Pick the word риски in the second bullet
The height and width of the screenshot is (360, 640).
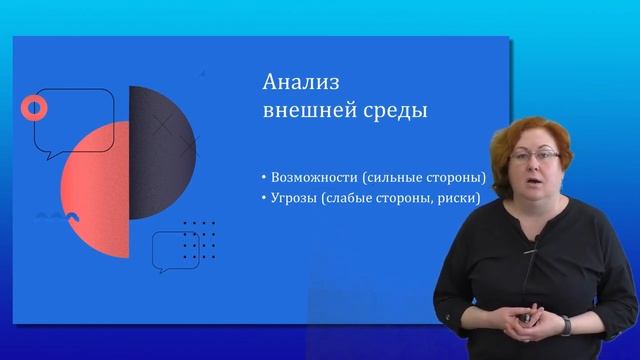pyautogui.click(x=459, y=198)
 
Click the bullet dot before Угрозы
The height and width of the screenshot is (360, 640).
pyautogui.click(x=262, y=199)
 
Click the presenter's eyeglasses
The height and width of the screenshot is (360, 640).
pyautogui.click(x=533, y=156)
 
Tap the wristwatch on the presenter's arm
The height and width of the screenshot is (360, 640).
pyautogui.click(x=565, y=325)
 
